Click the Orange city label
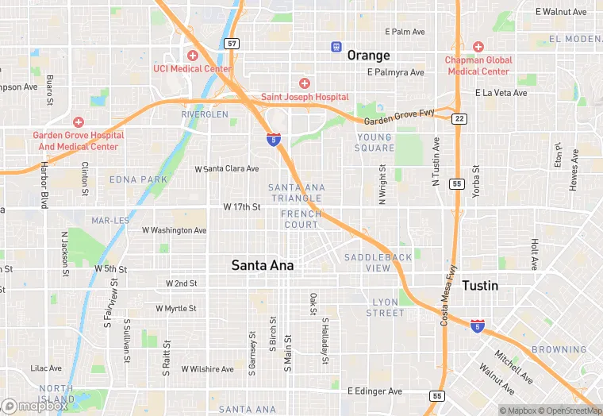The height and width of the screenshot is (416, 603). (368, 56)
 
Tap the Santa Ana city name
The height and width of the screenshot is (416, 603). (262, 266)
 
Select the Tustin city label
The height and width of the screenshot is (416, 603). (480, 286)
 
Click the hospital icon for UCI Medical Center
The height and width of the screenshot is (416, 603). (192, 55)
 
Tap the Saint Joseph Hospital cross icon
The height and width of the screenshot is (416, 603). (305, 83)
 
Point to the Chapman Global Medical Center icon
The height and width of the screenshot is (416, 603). (478, 46)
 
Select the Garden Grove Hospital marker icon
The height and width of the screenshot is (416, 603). (78, 121)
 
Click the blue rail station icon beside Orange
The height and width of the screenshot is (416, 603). (336, 47)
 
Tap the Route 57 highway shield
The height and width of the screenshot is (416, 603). (232, 44)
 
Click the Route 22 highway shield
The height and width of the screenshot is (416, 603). (459, 118)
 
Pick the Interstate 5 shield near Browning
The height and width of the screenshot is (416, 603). (477, 325)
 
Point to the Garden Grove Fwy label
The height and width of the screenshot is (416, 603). (399, 118)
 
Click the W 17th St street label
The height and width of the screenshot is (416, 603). (241, 207)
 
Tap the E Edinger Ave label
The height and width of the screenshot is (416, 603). (375, 391)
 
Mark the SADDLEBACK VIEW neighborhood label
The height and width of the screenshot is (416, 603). (378, 263)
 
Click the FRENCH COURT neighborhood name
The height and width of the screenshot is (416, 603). (301, 219)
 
